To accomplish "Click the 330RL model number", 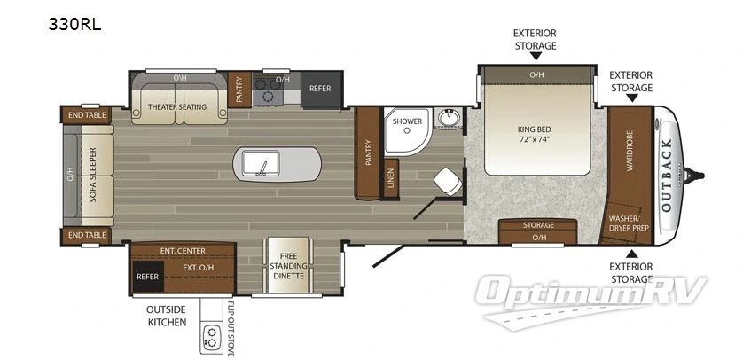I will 75,24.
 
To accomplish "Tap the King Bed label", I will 535,134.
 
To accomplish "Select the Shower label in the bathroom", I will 408,122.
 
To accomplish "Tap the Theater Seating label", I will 176,107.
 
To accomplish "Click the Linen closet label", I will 391,181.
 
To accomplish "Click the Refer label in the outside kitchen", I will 146,276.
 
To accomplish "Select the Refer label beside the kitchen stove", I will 319,89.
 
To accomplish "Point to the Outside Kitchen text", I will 167,316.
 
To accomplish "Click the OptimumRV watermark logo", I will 592,291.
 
